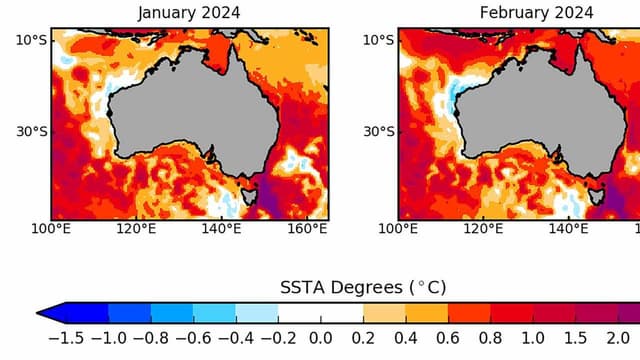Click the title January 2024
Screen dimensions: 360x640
point(189,13)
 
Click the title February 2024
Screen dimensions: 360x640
point(536,13)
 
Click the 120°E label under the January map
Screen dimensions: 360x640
point(137,230)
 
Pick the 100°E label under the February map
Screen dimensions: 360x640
point(399,230)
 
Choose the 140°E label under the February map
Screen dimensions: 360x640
point(570,230)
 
